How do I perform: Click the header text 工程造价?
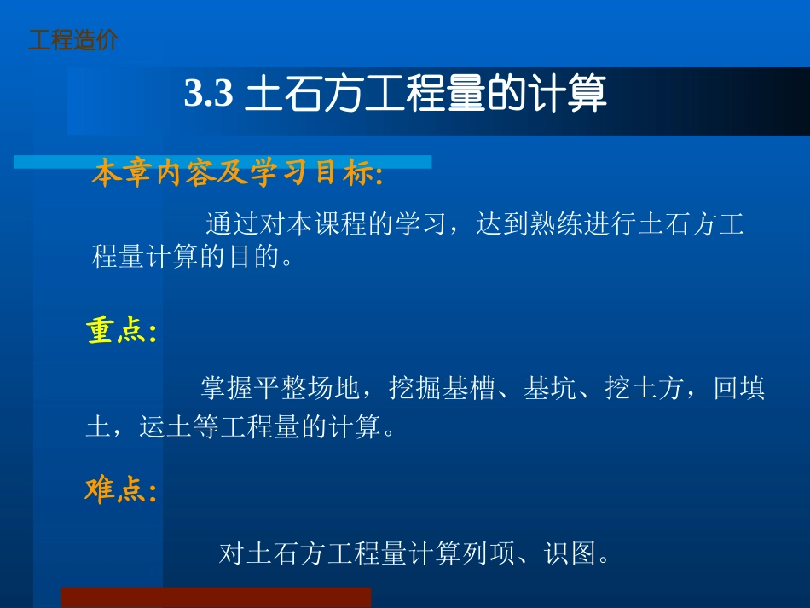point(73,40)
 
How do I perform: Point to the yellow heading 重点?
point(120,332)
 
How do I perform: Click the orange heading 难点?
point(120,490)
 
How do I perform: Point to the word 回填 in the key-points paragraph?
point(739,390)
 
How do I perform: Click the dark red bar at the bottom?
point(215,597)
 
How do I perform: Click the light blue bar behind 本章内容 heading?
point(409,162)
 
